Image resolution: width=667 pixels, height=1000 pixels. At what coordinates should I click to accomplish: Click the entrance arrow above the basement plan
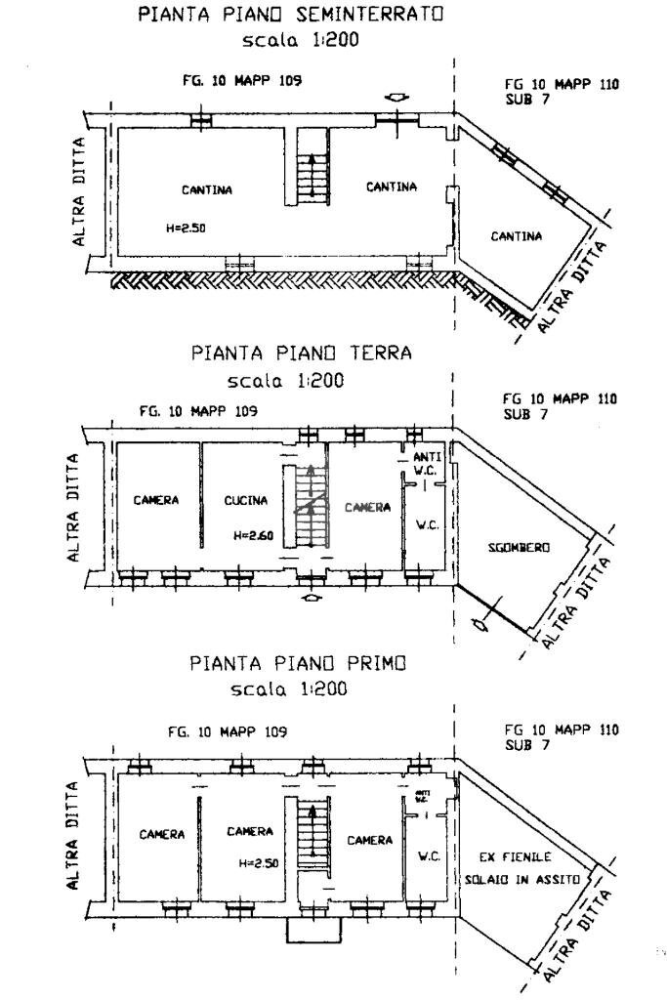396,98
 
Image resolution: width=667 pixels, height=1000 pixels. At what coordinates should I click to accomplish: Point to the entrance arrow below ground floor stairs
311,598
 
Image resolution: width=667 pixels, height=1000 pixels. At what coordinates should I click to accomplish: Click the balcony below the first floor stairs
311,932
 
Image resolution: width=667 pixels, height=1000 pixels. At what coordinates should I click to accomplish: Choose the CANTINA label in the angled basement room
517,235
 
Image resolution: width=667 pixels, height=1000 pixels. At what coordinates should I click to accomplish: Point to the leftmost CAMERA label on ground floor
156,501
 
